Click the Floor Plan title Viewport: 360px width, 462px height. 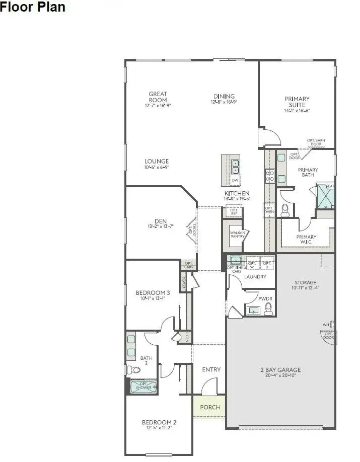click(33, 8)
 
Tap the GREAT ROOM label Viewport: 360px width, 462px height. click(158, 97)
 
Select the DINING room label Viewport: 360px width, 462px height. click(224, 97)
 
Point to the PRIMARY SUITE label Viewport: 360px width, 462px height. click(297, 102)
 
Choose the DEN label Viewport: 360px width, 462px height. click(161, 221)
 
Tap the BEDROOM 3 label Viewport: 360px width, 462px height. click(153, 293)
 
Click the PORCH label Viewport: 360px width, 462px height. click(210, 407)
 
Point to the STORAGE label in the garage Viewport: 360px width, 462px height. click(305, 283)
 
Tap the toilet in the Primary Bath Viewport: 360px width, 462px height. click(285, 209)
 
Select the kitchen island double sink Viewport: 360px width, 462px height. click(235, 167)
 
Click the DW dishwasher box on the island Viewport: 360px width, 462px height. click(235, 180)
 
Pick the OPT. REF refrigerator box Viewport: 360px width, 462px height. click(234, 212)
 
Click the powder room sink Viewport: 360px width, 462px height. click(253, 311)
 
